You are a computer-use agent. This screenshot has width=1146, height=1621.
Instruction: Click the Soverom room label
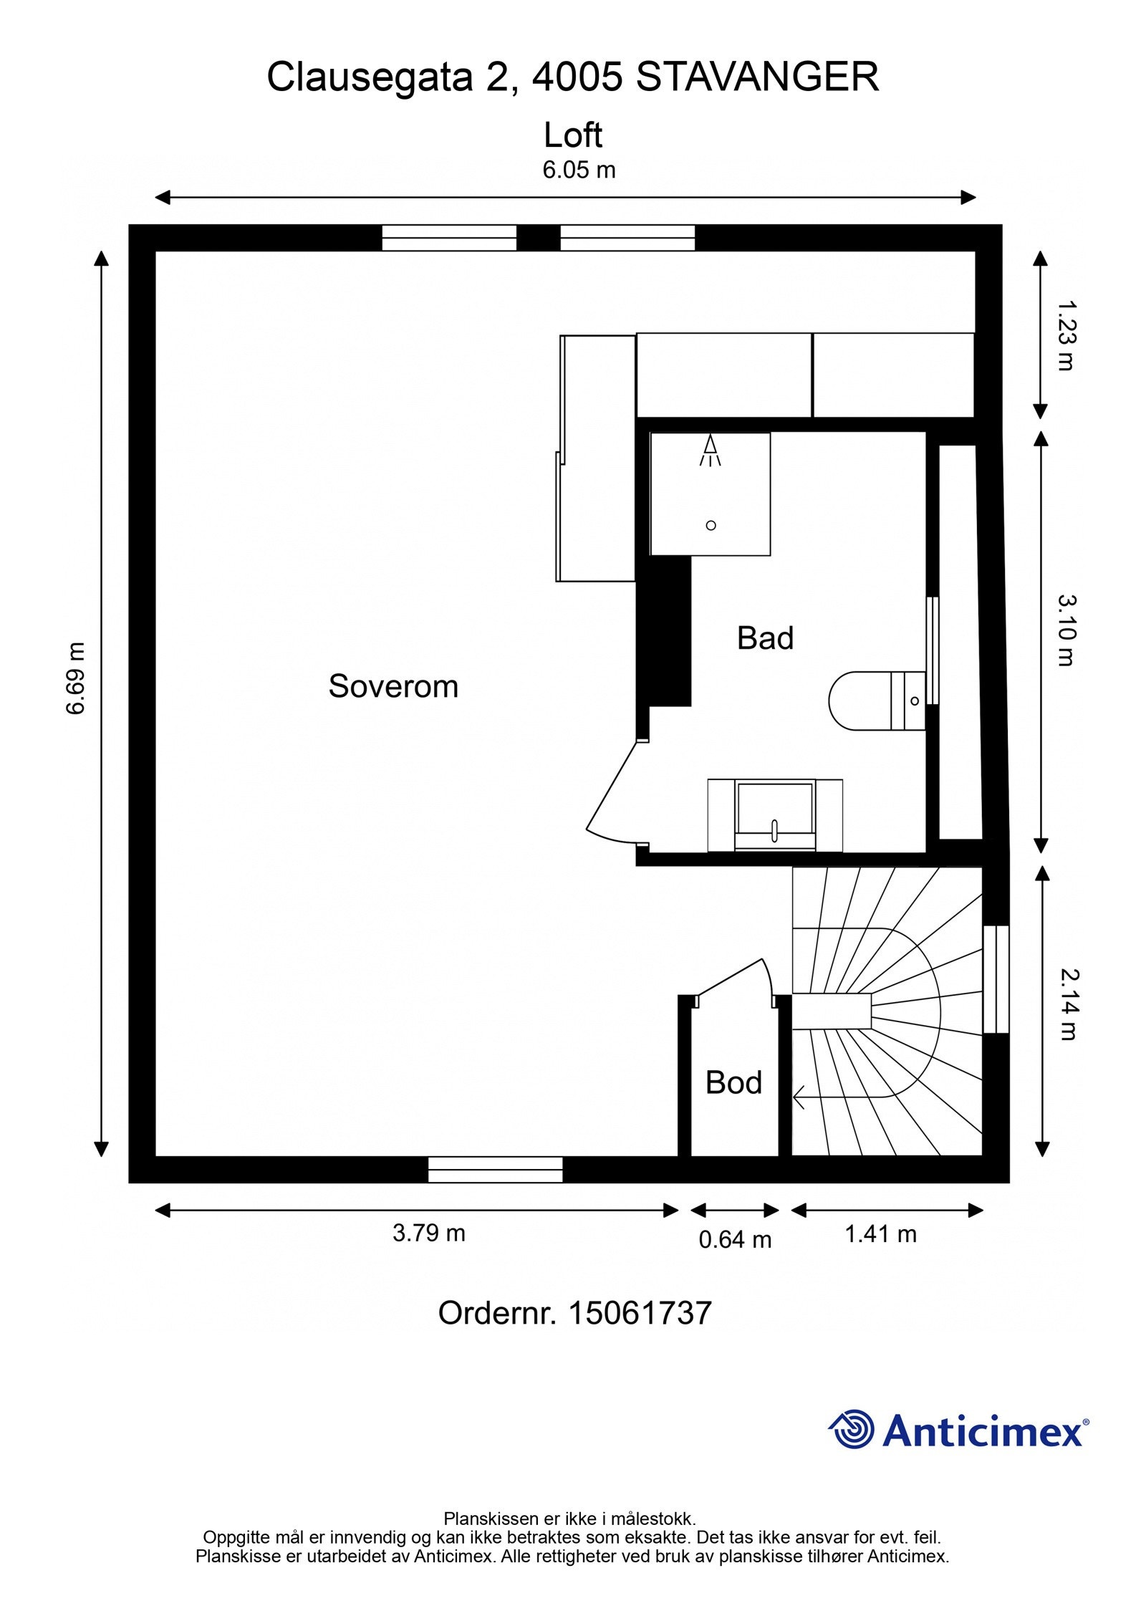pyautogui.click(x=393, y=686)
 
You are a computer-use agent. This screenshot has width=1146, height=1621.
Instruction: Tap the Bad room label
pyautogui.click(x=765, y=638)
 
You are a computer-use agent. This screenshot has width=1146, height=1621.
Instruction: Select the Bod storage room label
pyautogui.click(x=733, y=1082)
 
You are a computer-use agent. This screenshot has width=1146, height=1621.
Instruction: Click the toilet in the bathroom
pyautogui.click(x=877, y=701)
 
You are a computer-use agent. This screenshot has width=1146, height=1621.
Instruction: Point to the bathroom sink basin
pyautogui.click(x=775, y=815)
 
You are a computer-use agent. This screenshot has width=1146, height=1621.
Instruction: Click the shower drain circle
pyautogui.click(x=711, y=525)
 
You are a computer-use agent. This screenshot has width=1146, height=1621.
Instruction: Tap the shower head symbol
pyautogui.click(x=710, y=450)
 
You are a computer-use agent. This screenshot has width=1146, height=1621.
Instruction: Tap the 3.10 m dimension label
pyautogui.click(x=1066, y=630)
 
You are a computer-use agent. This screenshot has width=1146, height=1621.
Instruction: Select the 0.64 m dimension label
pyautogui.click(x=735, y=1239)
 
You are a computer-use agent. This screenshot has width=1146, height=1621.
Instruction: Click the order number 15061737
pyautogui.click(x=640, y=1313)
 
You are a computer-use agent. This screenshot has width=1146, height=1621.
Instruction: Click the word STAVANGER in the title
pyautogui.click(x=757, y=77)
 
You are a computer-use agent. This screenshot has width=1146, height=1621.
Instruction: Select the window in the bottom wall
pyautogui.click(x=495, y=1169)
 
